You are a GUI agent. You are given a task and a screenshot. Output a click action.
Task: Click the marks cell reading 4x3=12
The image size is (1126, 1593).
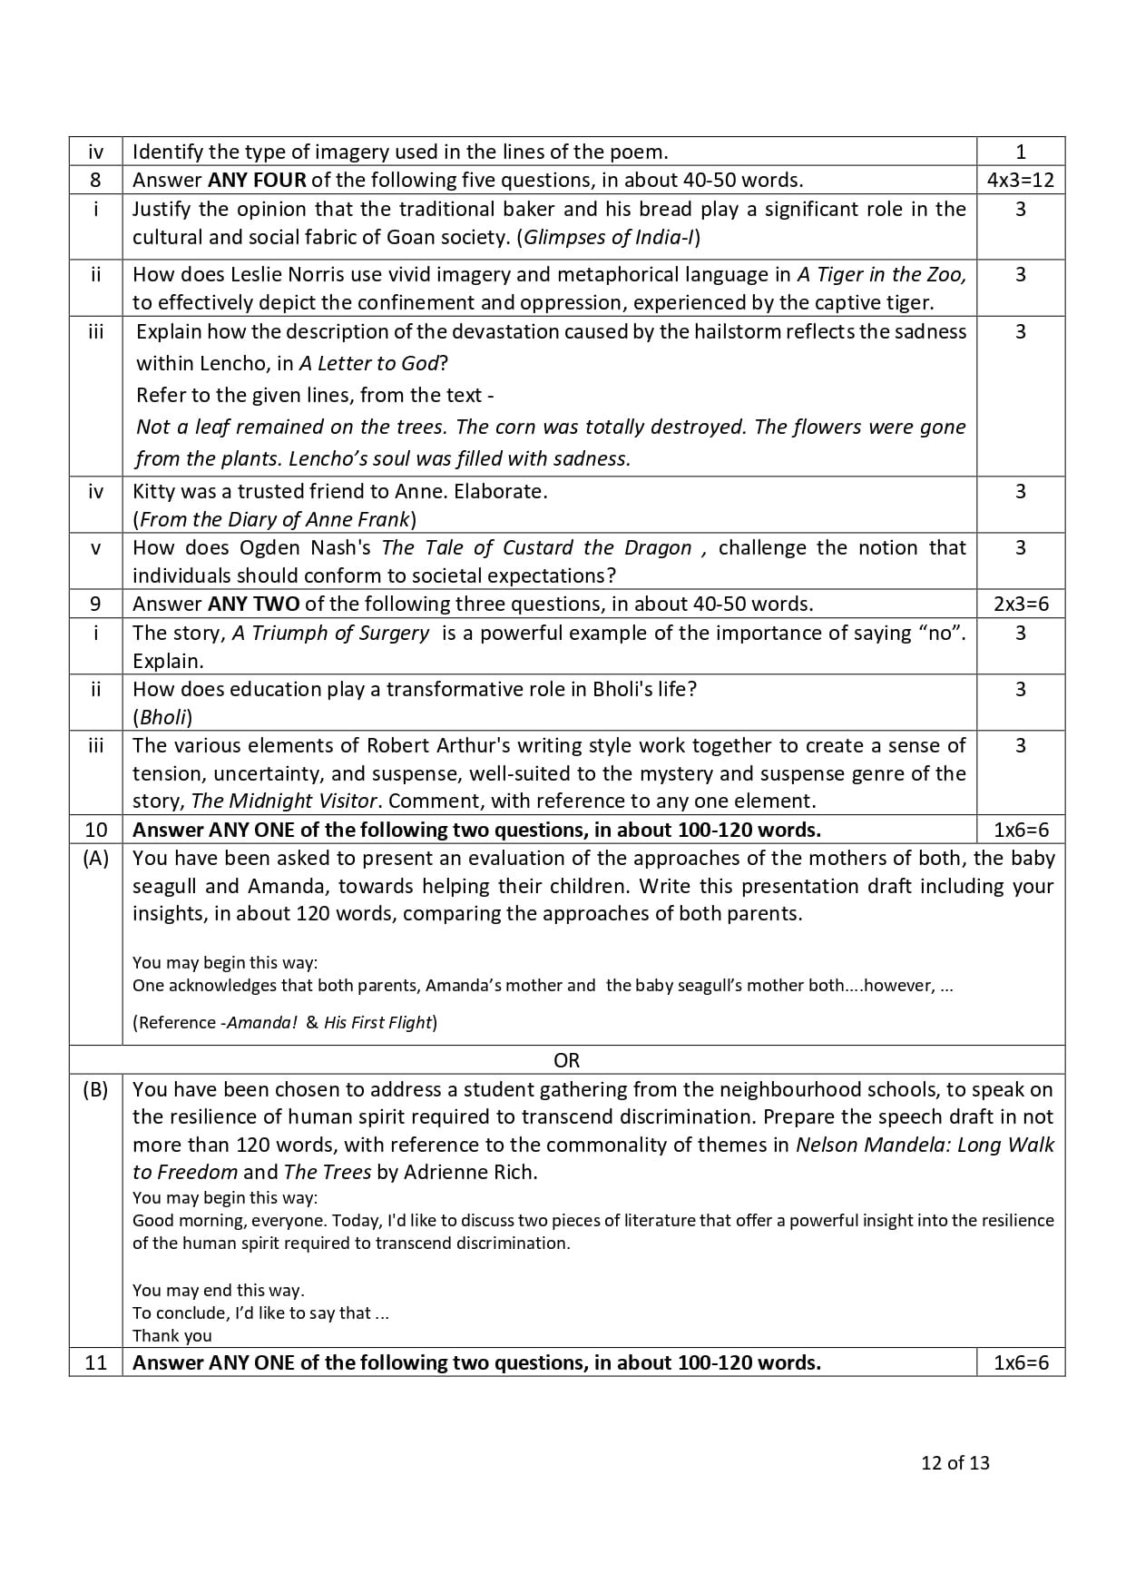(1020, 180)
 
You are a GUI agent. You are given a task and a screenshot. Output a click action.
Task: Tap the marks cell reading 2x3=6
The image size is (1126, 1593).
(1020, 604)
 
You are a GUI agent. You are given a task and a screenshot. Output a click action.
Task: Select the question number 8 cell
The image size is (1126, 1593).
(95, 180)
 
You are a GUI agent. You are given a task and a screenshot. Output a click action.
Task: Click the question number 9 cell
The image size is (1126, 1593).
(95, 604)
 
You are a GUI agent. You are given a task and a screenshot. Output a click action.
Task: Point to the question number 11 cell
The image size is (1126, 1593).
(95, 1362)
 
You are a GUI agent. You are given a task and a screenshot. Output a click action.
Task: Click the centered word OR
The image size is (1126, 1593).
(566, 1060)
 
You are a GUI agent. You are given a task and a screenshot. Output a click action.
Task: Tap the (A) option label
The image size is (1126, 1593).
(95, 858)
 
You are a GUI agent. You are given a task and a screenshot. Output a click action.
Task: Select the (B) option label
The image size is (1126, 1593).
(95, 1089)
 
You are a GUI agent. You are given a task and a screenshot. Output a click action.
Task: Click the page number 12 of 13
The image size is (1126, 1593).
(955, 1462)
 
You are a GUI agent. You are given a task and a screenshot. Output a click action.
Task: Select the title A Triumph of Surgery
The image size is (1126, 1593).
(330, 633)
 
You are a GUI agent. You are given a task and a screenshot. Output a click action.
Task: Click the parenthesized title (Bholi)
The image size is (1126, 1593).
(163, 717)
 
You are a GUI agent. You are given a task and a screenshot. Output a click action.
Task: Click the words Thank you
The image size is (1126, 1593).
(171, 1335)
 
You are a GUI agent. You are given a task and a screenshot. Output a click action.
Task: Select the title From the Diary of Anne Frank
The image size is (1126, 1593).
(274, 519)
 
